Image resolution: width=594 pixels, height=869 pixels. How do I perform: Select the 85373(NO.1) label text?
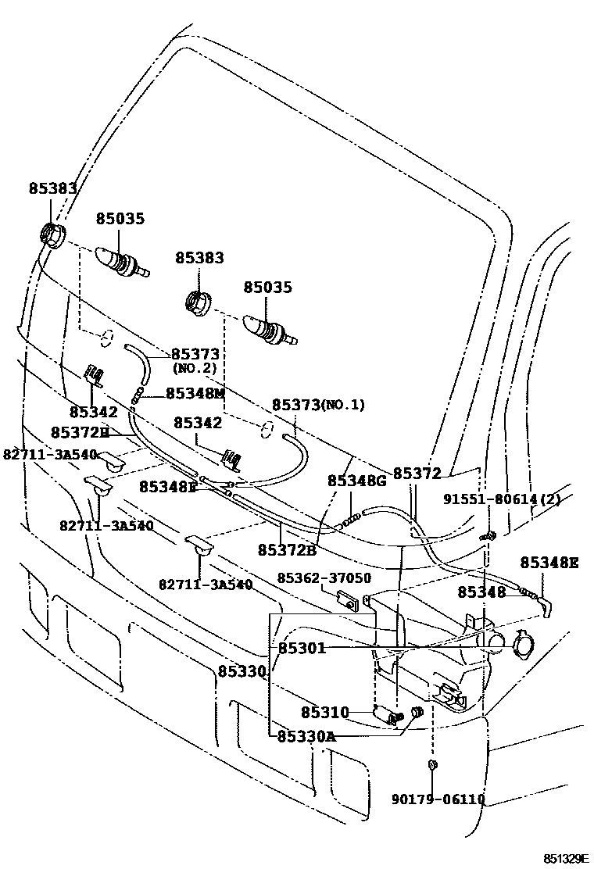pos(318,405)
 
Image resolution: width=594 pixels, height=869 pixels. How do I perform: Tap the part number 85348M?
pos(195,393)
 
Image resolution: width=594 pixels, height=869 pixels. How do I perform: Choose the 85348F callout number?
pos(168,486)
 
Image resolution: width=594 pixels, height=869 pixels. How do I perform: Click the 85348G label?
pos(356,481)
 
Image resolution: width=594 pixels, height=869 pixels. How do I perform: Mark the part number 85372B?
pos(287,549)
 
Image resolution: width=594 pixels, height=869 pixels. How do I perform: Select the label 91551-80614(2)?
pos(502,499)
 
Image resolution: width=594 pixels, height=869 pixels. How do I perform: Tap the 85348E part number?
pos(549,562)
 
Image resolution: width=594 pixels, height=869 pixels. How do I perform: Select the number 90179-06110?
pos(438,799)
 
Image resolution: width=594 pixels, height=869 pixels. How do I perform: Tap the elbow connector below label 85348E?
pos(546,606)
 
